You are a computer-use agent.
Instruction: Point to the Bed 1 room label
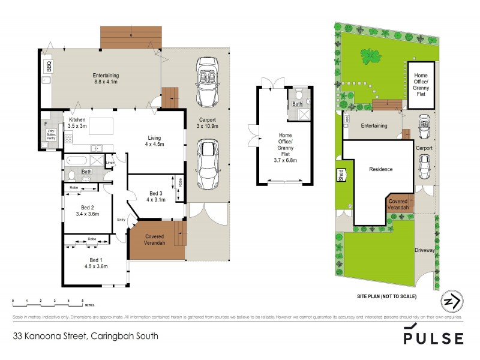95,263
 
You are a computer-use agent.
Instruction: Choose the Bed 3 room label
156,196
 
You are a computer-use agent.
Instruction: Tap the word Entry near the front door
121,219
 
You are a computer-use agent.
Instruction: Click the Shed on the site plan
341,175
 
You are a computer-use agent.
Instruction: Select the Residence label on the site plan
380,169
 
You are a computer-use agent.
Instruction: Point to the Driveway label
424,250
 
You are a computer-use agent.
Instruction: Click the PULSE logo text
433,338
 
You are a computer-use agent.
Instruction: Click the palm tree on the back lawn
370,56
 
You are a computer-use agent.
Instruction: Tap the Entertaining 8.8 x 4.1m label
106,78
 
